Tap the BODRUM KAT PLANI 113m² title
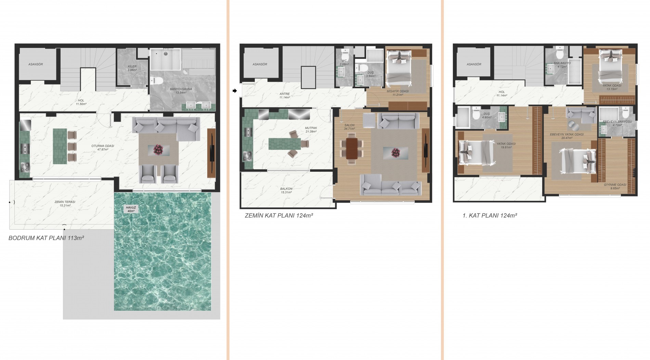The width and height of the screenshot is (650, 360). tap(46, 238)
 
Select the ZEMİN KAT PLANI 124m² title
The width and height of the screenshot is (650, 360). tap(279, 216)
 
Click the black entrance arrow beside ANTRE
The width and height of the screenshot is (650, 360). tap(234, 91)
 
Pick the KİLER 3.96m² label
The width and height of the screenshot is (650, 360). tap(132, 68)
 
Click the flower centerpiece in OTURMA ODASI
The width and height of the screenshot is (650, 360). tap(158, 149)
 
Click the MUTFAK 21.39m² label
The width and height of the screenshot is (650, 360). tap(311, 130)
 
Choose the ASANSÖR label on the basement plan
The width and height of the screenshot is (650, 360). tap(35, 64)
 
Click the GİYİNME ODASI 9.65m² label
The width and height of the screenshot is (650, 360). tap(615, 186)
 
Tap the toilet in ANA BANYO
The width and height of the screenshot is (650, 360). tap(560, 54)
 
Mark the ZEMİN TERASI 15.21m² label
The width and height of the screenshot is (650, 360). tap(65, 204)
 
